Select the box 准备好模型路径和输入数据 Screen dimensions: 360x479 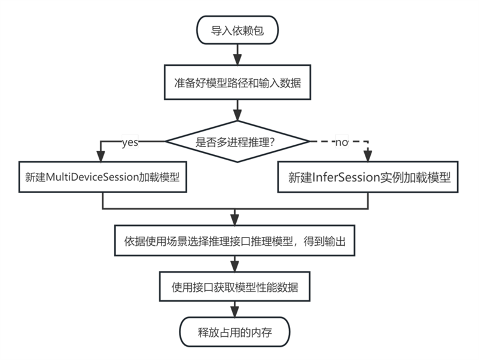click(x=237, y=83)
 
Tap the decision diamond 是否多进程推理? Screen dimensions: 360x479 click(x=237, y=142)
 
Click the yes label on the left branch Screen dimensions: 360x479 click(x=130, y=142)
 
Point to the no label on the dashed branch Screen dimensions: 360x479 click(x=341, y=142)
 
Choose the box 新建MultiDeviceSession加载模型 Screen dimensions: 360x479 click(x=103, y=178)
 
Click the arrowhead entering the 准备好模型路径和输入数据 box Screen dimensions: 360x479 click(x=237, y=61)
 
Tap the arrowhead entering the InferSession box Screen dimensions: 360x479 click(x=368, y=157)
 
